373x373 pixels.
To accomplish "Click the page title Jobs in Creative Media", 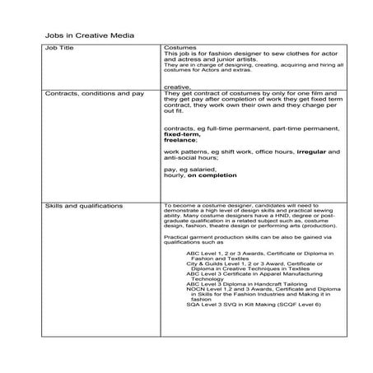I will [88, 36].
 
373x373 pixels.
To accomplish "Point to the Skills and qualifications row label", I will [86, 205].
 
